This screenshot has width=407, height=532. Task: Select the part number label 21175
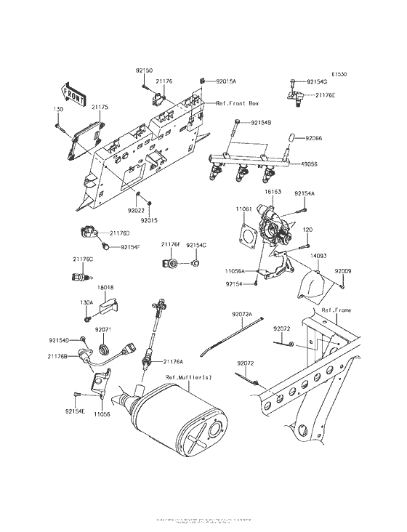(x=100, y=108)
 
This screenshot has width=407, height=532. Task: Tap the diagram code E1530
(x=340, y=74)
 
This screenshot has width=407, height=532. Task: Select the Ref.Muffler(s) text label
(x=188, y=377)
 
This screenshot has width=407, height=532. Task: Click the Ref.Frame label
(x=336, y=310)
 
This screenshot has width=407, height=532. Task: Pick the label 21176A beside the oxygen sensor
(x=173, y=361)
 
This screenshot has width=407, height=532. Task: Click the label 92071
(x=103, y=329)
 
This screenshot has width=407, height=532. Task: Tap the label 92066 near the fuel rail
(x=313, y=137)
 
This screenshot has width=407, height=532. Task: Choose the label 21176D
(x=120, y=233)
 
